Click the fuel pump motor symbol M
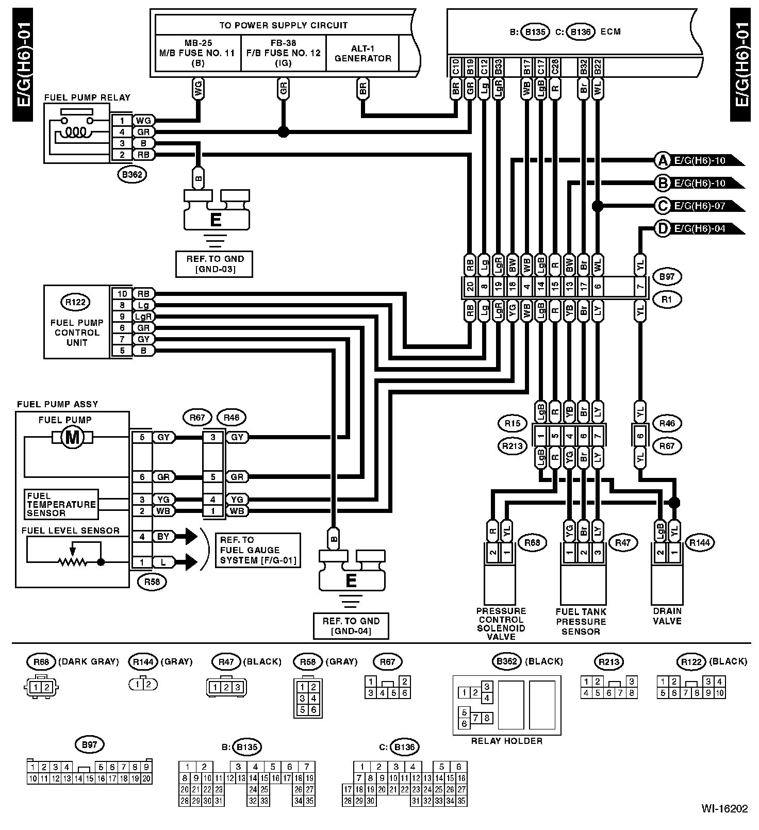coord(72,438)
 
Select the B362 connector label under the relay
coord(131,175)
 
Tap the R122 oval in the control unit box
coord(76,302)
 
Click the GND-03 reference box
coord(215,264)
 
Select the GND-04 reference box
coord(351,626)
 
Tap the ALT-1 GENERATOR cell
coord(362,54)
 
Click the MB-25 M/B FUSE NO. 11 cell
coord(198,53)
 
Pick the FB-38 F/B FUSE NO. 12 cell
coord(283,53)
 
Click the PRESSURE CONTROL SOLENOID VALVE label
coord(501,624)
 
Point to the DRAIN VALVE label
coord(667,616)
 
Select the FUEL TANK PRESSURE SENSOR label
coord(581,622)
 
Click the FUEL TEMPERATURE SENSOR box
coord(61,504)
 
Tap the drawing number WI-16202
coord(724,809)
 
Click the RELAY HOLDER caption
coord(507,741)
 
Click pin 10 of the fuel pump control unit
coord(122,293)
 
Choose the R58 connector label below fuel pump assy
coord(152,582)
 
